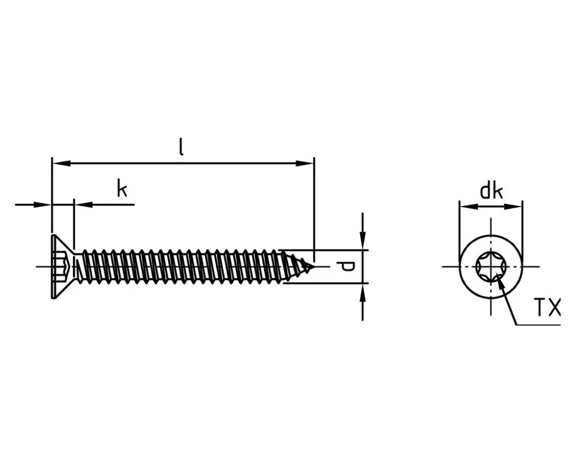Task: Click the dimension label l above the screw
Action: click(x=181, y=147)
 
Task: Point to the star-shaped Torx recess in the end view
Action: click(x=491, y=266)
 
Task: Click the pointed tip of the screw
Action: click(x=313, y=266)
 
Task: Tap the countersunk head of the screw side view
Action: click(x=64, y=266)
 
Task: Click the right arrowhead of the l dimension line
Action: click(x=305, y=163)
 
